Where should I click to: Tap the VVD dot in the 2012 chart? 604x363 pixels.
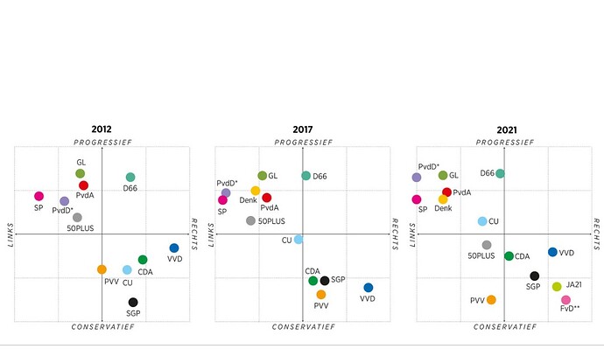[x=174, y=248]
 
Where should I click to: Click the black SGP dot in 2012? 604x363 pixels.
[x=133, y=303]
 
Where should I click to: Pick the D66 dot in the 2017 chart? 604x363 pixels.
[x=306, y=176]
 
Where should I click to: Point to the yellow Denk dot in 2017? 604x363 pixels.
[x=256, y=191]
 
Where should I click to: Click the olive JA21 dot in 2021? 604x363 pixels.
[x=557, y=286]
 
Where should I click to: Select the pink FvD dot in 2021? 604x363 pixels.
[x=565, y=300]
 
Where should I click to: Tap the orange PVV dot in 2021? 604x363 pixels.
[x=491, y=300]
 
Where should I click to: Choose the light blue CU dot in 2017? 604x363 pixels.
[x=298, y=239]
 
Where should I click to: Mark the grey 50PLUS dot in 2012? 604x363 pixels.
[x=77, y=217]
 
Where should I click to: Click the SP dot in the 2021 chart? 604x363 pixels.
[x=417, y=199]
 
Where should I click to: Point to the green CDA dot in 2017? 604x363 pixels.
[x=313, y=281]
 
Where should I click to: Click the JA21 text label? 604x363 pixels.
[x=574, y=284]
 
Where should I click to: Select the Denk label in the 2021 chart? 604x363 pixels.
[x=443, y=208]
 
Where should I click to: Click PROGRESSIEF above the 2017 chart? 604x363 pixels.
[x=303, y=141]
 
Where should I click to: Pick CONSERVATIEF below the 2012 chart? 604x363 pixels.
[x=102, y=327]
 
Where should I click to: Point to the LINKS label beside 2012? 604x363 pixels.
[x=11, y=234]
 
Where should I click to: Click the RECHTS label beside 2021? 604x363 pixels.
[x=596, y=234]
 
